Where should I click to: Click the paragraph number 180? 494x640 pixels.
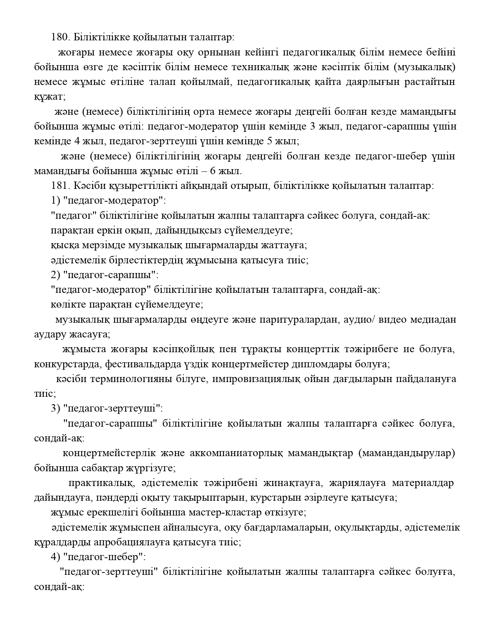click(x=59, y=38)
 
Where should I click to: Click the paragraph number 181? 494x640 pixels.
click(x=59, y=186)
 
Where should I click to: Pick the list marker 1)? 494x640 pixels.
click(x=55, y=201)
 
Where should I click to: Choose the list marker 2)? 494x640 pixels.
click(x=55, y=275)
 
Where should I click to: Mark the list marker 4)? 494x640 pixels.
click(x=55, y=557)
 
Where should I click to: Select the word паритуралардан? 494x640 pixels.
click(x=301, y=320)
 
